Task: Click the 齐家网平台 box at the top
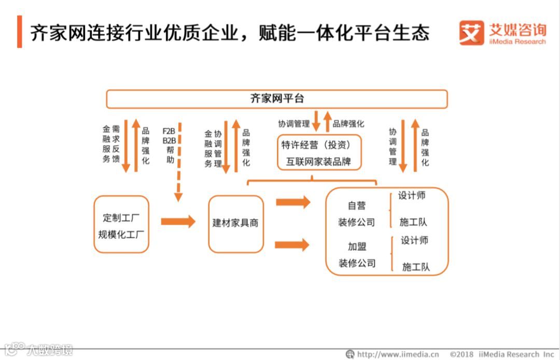point(277,99)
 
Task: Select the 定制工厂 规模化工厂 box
point(122,224)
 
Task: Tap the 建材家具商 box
point(236,224)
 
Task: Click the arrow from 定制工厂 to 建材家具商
point(178,221)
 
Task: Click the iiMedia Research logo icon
point(471,33)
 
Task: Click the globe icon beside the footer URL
point(351,354)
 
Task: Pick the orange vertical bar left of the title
point(20,32)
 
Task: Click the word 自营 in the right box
point(356,205)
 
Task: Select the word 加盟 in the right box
point(357,246)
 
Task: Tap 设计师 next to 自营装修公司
point(412,196)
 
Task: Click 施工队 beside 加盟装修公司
point(416,267)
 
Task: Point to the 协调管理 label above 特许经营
point(293,123)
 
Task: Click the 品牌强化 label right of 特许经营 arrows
point(348,123)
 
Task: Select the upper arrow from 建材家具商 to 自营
point(293,202)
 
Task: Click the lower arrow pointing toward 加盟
point(292,245)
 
